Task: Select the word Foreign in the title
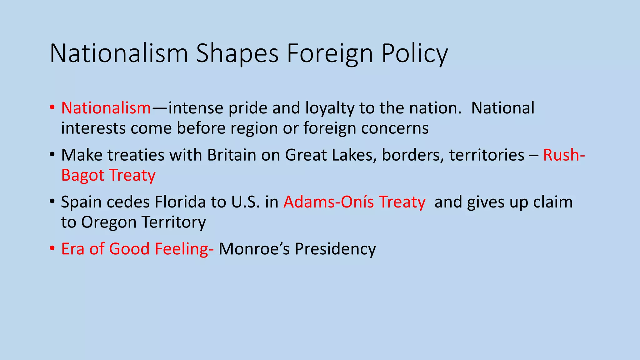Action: (x=330, y=54)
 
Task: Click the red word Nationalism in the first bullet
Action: (x=106, y=108)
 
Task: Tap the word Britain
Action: (x=232, y=155)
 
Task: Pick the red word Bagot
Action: (x=82, y=175)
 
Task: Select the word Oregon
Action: (x=109, y=222)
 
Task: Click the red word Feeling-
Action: (x=184, y=249)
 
